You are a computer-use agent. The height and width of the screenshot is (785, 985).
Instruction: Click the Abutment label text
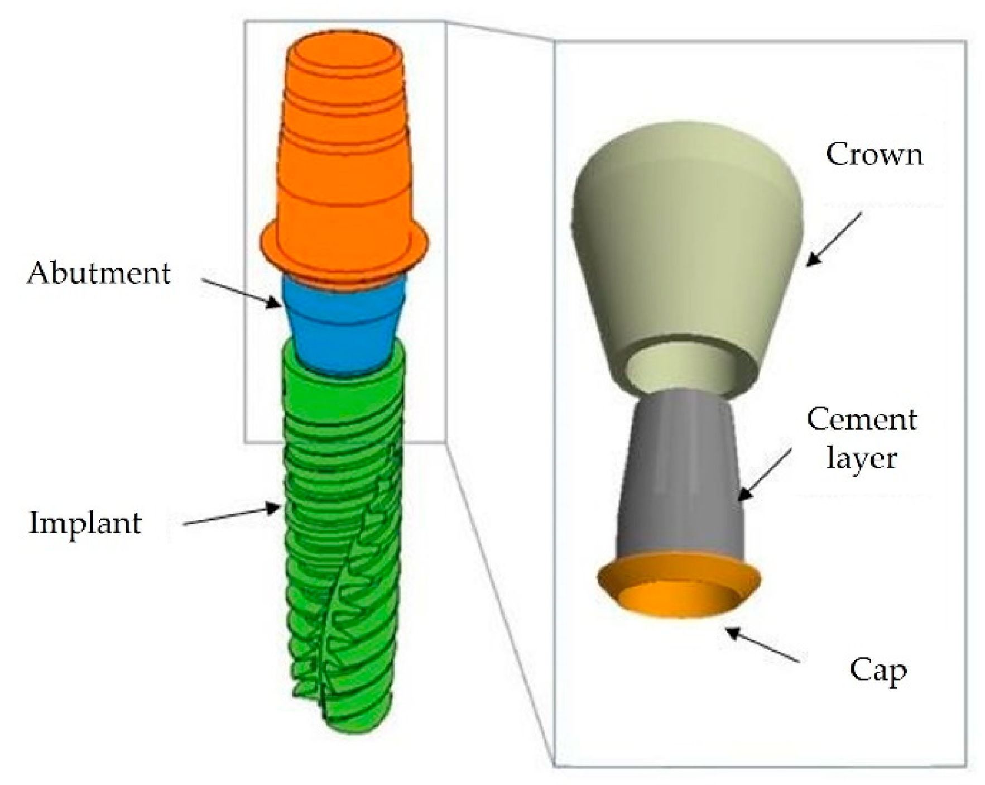click(99, 274)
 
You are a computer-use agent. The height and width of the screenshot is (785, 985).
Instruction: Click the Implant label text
click(85, 523)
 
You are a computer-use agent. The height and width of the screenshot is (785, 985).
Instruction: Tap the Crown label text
click(874, 154)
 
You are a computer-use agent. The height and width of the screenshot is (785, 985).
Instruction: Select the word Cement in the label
click(861, 420)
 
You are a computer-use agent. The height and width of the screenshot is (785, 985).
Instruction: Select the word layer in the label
click(861, 458)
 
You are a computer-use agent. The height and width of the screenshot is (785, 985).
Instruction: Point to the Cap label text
click(877, 671)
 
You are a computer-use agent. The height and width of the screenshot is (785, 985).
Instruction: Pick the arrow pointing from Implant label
click(232, 515)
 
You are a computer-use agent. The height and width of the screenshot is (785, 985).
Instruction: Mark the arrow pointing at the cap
click(762, 645)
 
